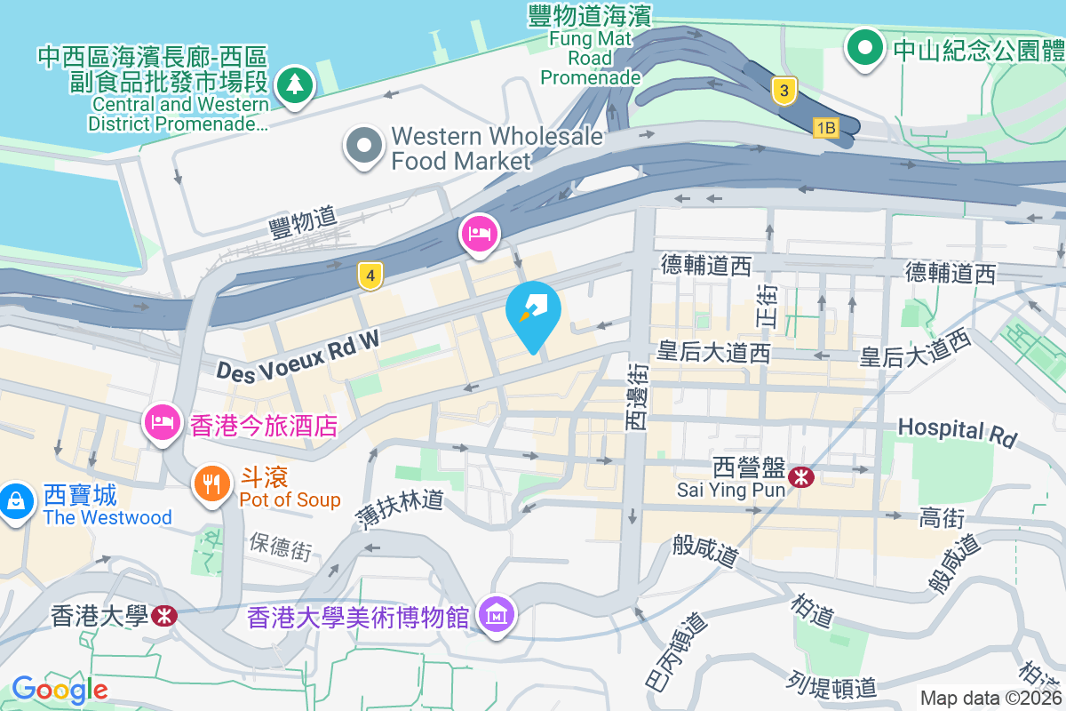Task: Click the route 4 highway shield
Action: pyautogui.click(x=370, y=276)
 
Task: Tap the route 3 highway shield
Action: pyautogui.click(x=782, y=91)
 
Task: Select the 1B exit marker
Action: pyautogui.click(x=825, y=129)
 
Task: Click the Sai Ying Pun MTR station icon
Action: pyautogui.click(x=802, y=477)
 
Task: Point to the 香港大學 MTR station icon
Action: pyautogui.click(x=163, y=615)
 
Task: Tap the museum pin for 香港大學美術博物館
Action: pyautogui.click(x=497, y=614)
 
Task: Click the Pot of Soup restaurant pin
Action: pyautogui.click(x=211, y=484)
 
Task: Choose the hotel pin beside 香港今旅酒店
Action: pyautogui.click(x=161, y=420)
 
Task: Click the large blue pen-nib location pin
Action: pyautogui.click(x=533, y=311)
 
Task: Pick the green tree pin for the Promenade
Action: pyautogui.click(x=291, y=85)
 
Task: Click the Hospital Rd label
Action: pyautogui.click(x=956, y=431)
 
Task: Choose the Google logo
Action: pyautogui.click(x=60, y=690)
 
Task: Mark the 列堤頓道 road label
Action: pyautogui.click(x=831, y=685)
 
